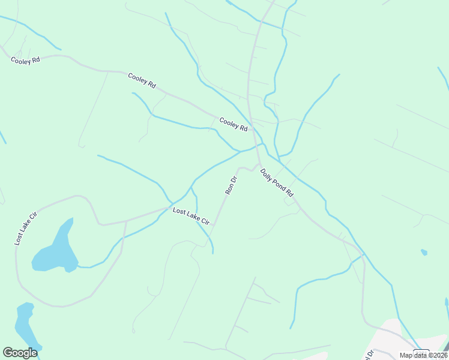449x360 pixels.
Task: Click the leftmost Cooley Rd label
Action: click(25, 60)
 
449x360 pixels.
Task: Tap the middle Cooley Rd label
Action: click(142, 81)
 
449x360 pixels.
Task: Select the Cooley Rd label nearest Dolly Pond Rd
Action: click(233, 124)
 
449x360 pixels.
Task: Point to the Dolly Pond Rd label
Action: click(276, 183)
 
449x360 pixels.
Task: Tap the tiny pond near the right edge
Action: click(424, 252)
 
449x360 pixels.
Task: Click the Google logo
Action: click(20, 353)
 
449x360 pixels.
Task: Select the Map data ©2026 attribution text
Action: click(423, 355)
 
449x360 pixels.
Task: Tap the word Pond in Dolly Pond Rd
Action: click(277, 184)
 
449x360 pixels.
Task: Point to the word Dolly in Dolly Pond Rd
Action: click(266, 174)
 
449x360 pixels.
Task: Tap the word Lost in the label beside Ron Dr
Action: click(179, 211)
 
